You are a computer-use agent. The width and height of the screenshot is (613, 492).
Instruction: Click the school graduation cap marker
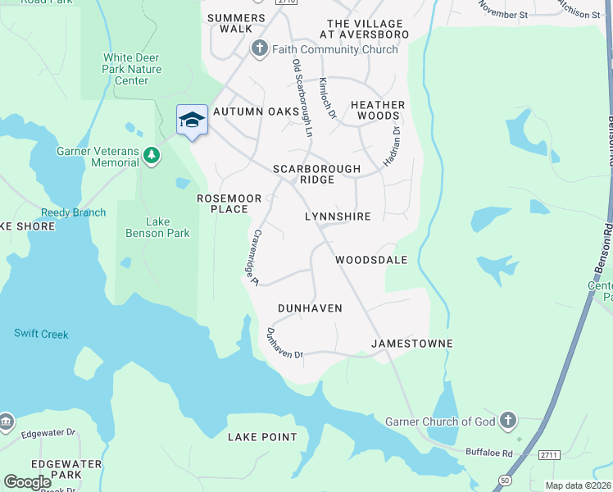tap(192, 120)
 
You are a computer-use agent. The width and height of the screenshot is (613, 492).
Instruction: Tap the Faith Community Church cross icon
tap(260, 49)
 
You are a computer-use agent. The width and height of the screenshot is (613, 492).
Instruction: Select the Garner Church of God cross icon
tap(508, 421)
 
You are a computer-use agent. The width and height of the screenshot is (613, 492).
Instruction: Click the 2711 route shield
tap(548, 453)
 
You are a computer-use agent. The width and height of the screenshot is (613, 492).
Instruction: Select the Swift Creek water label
tap(41, 334)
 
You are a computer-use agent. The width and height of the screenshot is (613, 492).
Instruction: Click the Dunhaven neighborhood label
tap(309, 307)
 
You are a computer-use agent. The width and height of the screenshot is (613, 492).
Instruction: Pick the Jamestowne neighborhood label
tap(411, 343)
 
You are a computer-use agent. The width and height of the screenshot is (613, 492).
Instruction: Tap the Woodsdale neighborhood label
tap(371, 260)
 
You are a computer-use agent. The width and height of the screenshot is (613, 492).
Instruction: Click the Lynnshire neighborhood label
tap(338, 216)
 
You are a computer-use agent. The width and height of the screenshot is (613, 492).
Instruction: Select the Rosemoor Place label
tap(222, 203)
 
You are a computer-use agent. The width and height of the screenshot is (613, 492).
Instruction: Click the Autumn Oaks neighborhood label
tap(256, 112)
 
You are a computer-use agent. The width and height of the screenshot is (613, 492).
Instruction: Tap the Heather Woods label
tap(378, 110)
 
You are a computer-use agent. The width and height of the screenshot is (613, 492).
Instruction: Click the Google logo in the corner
tap(28, 482)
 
